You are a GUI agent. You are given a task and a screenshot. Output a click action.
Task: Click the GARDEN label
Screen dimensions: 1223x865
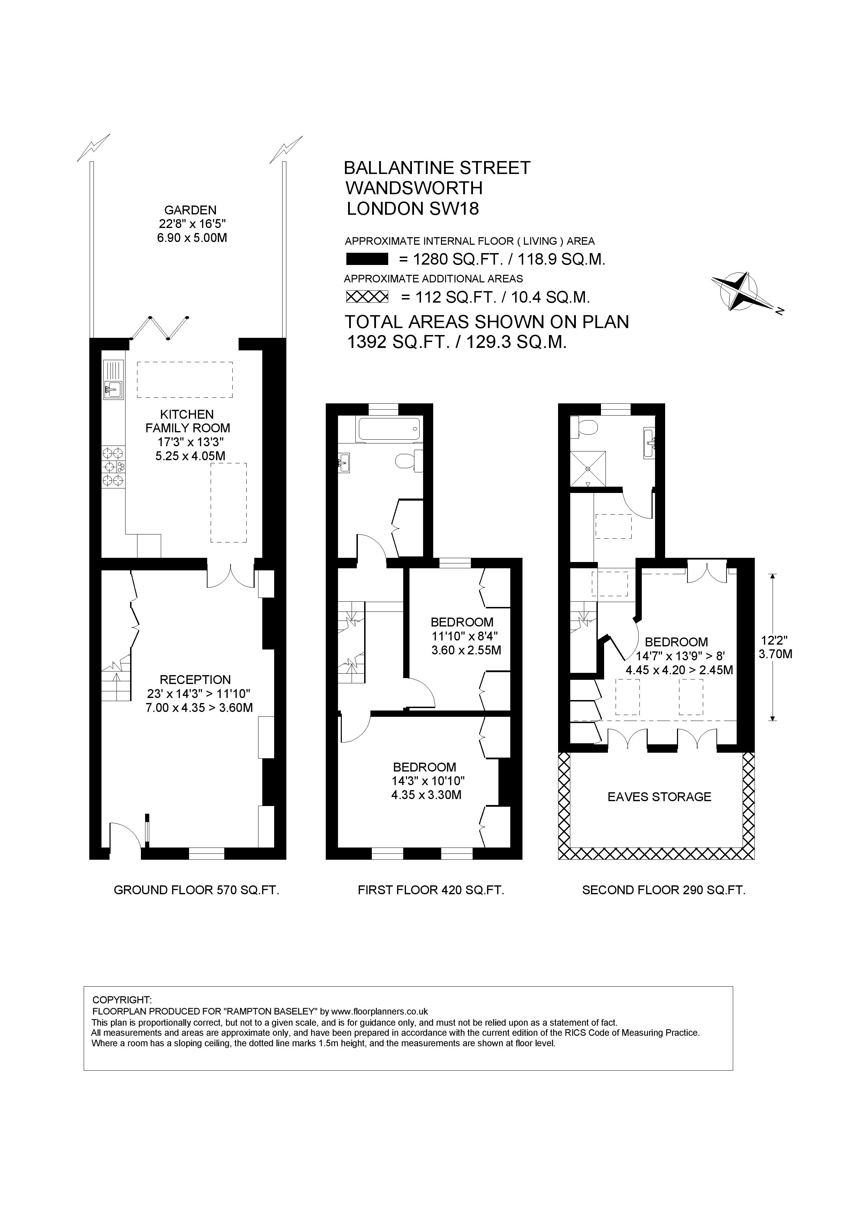(x=190, y=211)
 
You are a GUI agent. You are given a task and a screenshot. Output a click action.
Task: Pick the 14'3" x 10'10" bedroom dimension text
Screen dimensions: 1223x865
(x=427, y=781)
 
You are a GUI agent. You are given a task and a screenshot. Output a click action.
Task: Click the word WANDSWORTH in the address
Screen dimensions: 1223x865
(x=414, y=188)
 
